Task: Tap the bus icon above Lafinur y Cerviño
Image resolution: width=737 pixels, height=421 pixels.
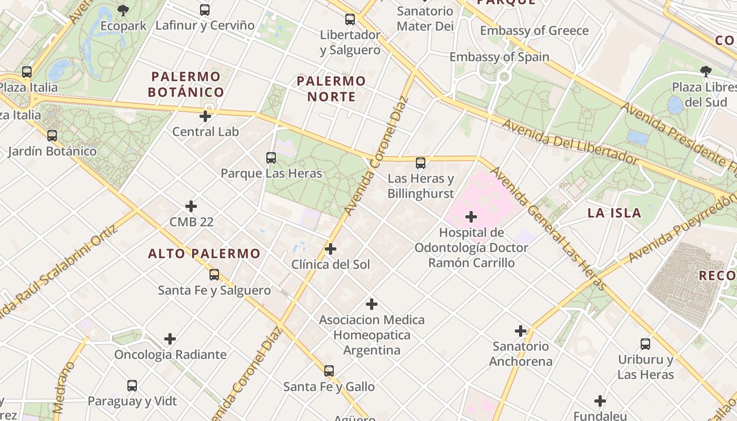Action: click(x=205, y=9)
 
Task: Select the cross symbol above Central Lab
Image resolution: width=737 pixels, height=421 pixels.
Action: click(x=205, y=116)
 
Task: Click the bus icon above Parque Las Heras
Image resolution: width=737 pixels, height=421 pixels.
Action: click(x=271, y=157)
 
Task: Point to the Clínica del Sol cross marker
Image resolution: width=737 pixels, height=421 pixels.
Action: click(x=331, y=249)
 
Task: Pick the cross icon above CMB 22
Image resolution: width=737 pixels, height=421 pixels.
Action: click(x=191, y=206)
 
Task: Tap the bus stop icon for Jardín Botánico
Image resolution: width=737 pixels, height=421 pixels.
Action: click(x=52, y=136)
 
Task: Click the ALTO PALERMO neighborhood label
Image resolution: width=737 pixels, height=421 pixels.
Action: click(x=204, y=254)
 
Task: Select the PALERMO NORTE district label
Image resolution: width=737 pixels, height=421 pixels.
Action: click(x=331, y=89)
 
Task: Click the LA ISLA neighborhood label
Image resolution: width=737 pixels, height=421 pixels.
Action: click(x=614, y=213)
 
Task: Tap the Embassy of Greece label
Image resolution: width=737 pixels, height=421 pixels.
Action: click(x=534, y=31)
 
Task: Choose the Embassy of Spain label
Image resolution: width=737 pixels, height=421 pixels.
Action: click(x=499, y=57)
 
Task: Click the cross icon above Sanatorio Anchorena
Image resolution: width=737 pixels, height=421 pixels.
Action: click(x=521, y=331)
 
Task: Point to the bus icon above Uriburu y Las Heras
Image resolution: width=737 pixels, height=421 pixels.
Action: click(x=645, y=345)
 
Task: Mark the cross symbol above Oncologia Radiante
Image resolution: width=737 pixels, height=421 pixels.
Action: click(x=170, y=339)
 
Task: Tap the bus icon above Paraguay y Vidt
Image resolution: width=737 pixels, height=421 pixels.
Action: click(x=132, y=386)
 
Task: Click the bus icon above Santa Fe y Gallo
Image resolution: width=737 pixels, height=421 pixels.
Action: click(x=329, y=371)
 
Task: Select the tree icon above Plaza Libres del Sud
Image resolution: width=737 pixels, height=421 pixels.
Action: click(x=705, y=72)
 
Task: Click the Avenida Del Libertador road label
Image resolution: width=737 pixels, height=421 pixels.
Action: click(x=571, y=142)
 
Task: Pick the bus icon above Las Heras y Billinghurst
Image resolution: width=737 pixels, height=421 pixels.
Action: click(x=421, y=163)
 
